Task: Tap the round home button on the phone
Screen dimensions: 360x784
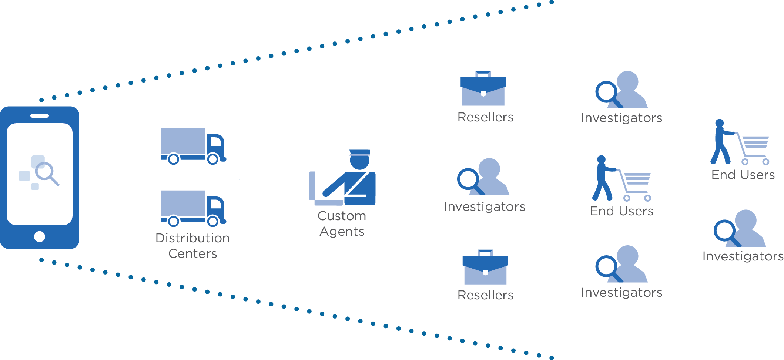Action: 40,236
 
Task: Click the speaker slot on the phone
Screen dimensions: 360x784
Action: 40,116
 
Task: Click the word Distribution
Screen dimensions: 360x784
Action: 192,238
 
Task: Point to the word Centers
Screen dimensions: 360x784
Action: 192,254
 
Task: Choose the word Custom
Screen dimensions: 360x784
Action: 342,216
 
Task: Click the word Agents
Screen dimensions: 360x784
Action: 342,232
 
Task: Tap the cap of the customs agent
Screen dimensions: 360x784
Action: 359,152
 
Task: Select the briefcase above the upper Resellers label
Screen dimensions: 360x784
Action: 483,89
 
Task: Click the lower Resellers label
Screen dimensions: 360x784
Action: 485,295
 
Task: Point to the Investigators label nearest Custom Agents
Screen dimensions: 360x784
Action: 484,206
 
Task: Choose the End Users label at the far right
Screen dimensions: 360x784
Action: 743,175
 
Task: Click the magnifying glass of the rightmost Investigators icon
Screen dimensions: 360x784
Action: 725,231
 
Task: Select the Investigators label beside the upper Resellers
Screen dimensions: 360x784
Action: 621,118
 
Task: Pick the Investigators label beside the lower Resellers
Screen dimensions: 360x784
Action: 621,292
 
